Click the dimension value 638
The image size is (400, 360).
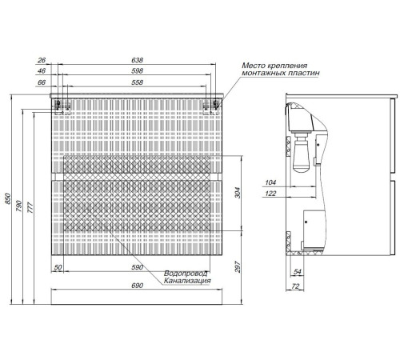(x=137, y=60)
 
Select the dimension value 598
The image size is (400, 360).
(x=137, y=71)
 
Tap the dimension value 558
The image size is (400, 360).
(x=137, y=82)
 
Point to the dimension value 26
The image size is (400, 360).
(x=42, y=60)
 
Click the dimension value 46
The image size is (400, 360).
(x=42, y=71)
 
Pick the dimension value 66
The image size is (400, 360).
(x=42, y=82)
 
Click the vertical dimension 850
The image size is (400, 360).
(x=7, y=198)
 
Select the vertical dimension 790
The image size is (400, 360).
(x=19, y=206)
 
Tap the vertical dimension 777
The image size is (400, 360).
(x=30, y=208)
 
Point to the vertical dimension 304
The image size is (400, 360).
(x=238, y=193)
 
